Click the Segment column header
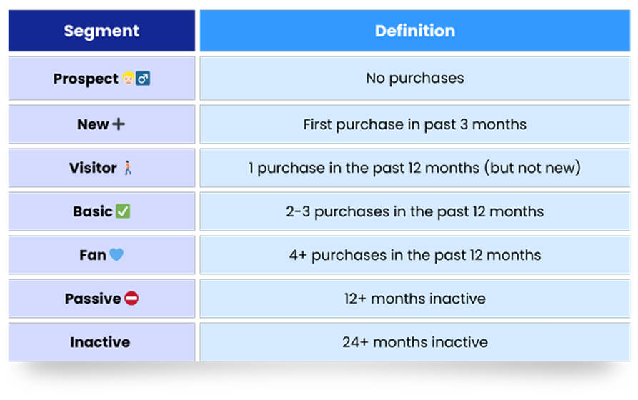101,31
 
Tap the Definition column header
415,31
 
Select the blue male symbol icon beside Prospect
143,78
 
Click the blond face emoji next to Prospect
129,78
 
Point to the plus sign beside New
119,124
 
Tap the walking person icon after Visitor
128,168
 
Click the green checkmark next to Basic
123,211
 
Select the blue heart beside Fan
116,255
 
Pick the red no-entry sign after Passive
131,299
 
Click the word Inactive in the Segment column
100,342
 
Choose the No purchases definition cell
415,78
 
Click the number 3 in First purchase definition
464,124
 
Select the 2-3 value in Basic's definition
298,211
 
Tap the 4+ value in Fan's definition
298,255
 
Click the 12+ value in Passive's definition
355,299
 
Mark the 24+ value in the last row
355,342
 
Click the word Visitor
93,168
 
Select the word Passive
93,299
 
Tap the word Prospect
86,79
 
